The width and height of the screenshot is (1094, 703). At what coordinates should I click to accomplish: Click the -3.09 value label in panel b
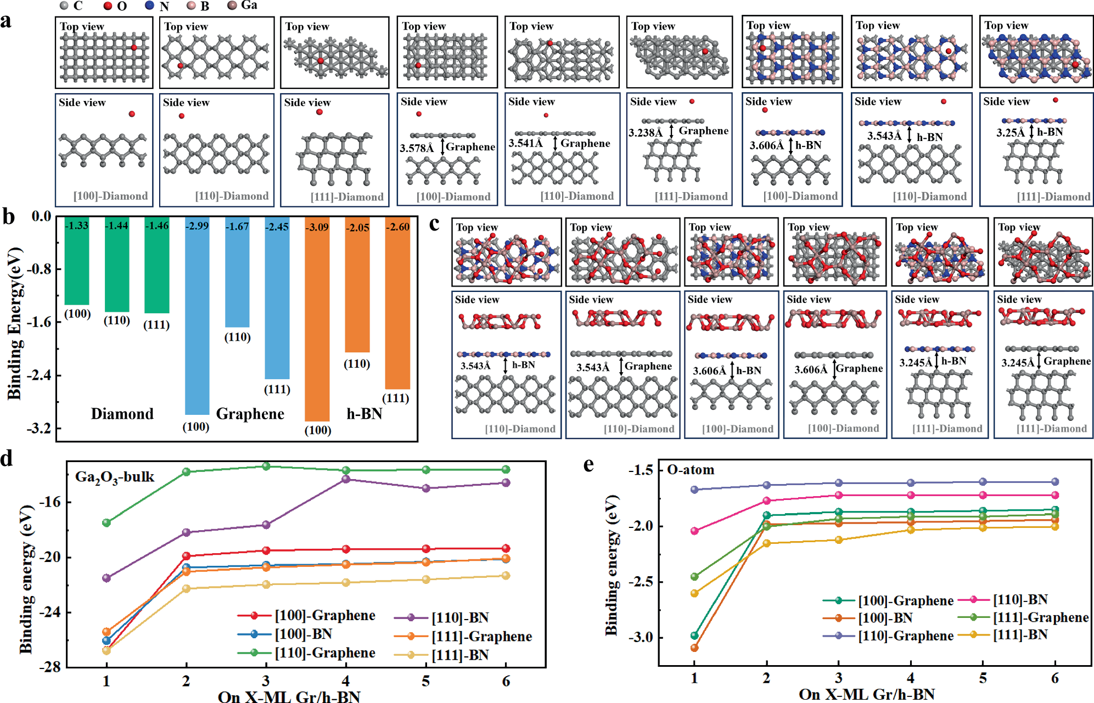coord(317,227)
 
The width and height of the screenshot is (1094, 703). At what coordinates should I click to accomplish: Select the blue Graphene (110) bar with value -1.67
coord(237,274)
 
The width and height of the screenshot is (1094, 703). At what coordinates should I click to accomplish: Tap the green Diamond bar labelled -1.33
coord(77,263)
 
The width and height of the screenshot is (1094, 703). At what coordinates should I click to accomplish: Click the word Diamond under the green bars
coord(122,413)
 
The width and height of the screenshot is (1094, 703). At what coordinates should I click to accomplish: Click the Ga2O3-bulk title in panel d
coord(114,477)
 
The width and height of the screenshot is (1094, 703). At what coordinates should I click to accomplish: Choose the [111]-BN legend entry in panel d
coord(459,655)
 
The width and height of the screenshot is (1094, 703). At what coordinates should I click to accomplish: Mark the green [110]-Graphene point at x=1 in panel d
coord(106,522)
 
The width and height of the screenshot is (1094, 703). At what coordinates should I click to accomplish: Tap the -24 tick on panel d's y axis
coord(49,612)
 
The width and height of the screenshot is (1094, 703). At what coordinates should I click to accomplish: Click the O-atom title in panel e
coord(691,470)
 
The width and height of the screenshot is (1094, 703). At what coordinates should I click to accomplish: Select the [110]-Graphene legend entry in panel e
coord(905,635)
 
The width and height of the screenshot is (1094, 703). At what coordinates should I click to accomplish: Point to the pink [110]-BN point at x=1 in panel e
coord(694,531)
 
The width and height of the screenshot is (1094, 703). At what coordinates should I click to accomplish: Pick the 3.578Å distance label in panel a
coord(416,148)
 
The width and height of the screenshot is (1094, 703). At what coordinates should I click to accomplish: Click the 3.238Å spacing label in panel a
coord(645,132)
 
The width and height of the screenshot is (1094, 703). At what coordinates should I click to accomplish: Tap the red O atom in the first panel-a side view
coord(132,114)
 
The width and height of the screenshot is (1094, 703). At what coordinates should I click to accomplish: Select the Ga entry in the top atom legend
coord(249,5)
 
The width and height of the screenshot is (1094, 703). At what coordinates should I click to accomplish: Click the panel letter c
coord(434,223)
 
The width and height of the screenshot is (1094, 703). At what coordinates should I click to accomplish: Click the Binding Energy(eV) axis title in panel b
coord(15,324)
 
